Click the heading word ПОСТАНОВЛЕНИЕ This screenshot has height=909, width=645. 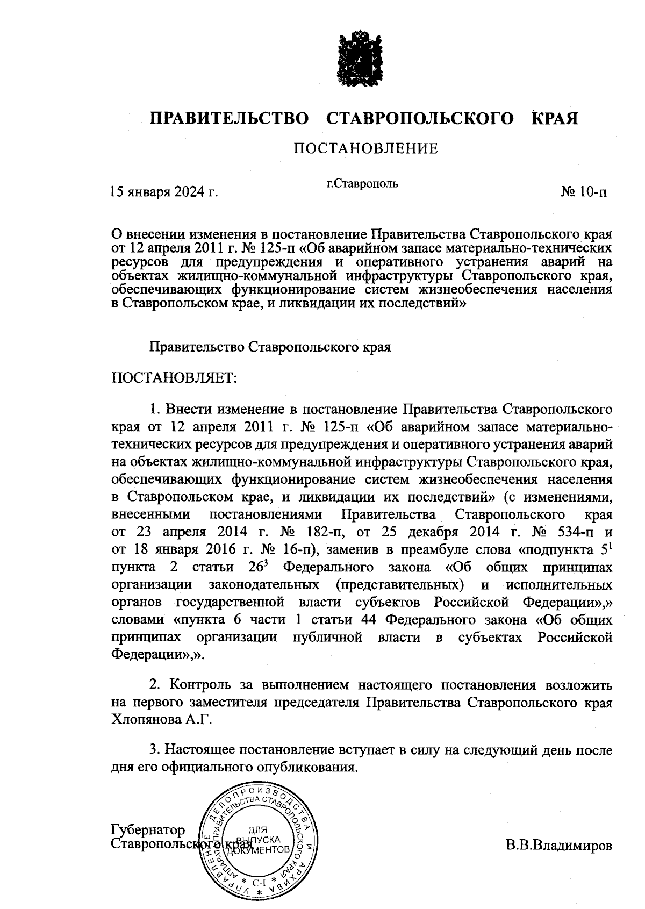click(365, 148)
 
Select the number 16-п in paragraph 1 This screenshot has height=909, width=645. click(296, 550)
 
